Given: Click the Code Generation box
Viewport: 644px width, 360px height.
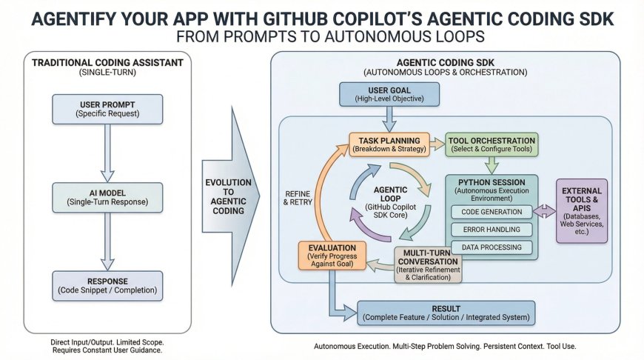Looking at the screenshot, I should point(492,212).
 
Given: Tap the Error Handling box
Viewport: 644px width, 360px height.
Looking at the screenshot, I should point(492,230).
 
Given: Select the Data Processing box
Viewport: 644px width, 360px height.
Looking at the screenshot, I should point(492,247).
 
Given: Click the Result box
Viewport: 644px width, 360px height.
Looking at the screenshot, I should point(446,313).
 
